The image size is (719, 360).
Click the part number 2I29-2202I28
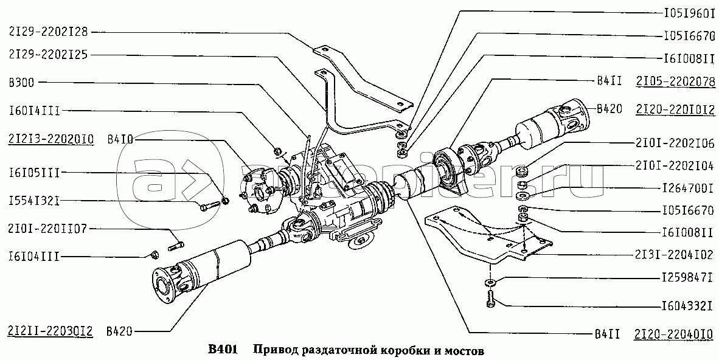point(48,31)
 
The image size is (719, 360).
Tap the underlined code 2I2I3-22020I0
point(50,139)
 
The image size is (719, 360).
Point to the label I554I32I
point(34,200)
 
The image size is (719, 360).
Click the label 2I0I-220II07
point(48,229)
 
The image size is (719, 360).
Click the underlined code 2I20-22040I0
point(675,333)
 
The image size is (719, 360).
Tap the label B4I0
point(120,140)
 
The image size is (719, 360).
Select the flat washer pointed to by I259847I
point(490,282)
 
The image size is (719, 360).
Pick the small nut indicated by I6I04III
point(153,253)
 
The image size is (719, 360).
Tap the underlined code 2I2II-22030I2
point(50,331)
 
